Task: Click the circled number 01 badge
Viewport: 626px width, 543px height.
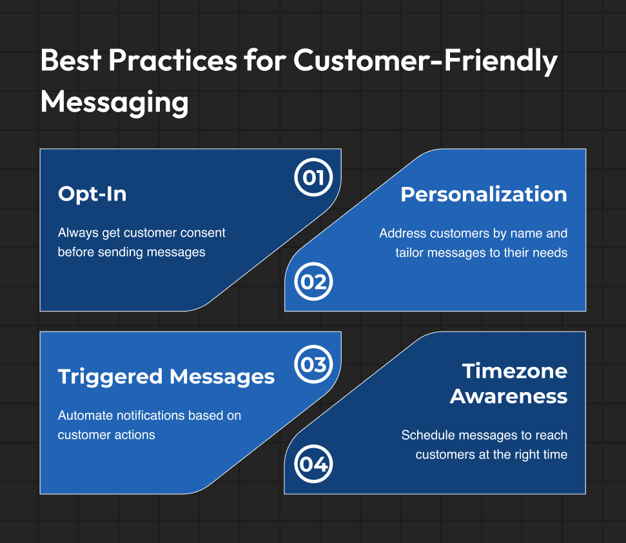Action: pyautogui.click(x=313, y=177)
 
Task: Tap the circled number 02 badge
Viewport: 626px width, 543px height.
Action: pyautogui.click(x=313, y=281)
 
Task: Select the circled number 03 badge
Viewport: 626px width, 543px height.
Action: pyautogui.click(x=313, y=364)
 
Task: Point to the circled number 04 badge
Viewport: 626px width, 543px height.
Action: pyautogui.click(x=313, y=464)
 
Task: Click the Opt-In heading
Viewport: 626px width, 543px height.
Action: pyautogui.click(x=92, y=194)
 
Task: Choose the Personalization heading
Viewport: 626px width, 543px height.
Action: pyautogui.click(x=484, y=195)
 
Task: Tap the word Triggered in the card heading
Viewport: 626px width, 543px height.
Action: pyautogui.click(x=110, y=377)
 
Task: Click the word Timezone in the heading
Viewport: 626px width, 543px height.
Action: pyautogui.click(x=514, y=371)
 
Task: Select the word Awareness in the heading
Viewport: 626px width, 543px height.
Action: pyautogui.click(x=509, y=396)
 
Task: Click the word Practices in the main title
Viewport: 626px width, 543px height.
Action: pyautogui.click(x=173, y=60)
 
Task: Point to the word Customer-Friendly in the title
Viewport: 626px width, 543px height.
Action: pyautogui.click(x=425, y=61)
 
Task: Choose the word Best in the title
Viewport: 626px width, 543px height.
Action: pyautogui.click(x=71, y=60)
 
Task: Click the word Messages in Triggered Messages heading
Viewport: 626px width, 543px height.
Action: pyautogui.click(x=222, y=377)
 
